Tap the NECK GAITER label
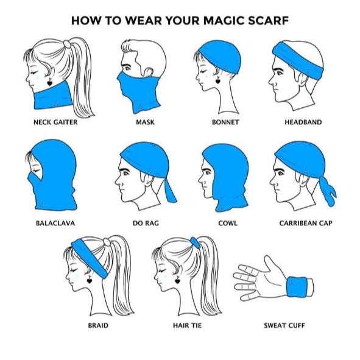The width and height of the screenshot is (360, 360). tap(55, 122)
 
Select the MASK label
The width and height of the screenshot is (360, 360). tap(145, 122)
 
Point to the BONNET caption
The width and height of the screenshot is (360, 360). tap(225, 122)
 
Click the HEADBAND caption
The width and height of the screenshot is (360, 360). tap(303, 122)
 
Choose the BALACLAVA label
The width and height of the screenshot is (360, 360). tap(55, 223)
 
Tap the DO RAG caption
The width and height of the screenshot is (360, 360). tap(146, 223)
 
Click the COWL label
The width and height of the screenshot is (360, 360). tap(228, 223)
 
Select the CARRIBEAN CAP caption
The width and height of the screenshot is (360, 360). tap(306, 223)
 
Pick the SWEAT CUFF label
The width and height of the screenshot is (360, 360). tap(284, 325)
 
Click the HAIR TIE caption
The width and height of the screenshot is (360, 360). tap(188, 325)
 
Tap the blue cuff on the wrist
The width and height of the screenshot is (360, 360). tap(297, 286)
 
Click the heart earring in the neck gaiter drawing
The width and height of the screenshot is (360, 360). tap(50, 82)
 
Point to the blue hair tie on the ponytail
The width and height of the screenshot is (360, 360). tap(195, 242)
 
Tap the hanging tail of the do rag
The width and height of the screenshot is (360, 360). tap(170, 191)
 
